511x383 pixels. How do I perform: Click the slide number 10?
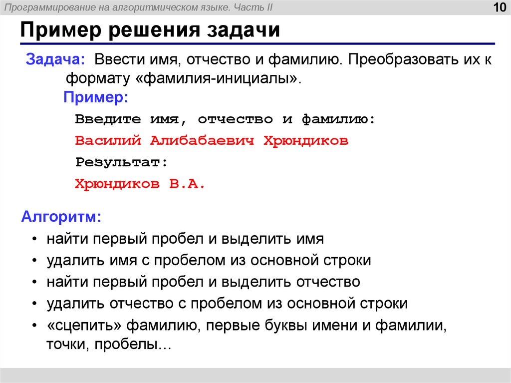(499, 8)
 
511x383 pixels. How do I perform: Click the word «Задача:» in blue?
(55, 61)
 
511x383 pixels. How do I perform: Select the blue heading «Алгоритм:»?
(61, 217)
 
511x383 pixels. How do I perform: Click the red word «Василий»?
(106, 141)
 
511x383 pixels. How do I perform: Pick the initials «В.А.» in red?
(187, 184)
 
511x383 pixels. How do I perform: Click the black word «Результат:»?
(121, 162)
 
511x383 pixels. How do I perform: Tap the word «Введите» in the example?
(106, 120)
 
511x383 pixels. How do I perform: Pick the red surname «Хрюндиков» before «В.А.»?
(118, 184)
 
